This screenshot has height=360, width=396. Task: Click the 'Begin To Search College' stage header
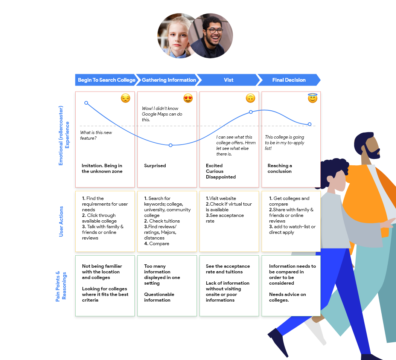(x=106, y=80)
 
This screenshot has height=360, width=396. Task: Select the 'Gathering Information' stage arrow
(x=169, y=80)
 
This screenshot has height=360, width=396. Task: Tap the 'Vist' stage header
(x=228, y=80)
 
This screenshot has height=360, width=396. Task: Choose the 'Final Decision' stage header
(x=289, y=80)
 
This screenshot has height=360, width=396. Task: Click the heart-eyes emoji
(x=188, y=98)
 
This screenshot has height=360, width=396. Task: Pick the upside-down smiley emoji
(x=250, y=98)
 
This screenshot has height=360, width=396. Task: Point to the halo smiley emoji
(x=312, y=98)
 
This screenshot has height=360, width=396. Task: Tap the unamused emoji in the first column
(x=126, y=98)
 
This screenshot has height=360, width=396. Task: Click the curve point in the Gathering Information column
(x=171, y=145)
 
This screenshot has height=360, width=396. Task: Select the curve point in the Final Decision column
(x=310, y=124)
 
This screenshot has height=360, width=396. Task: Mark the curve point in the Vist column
(x=251, y=112)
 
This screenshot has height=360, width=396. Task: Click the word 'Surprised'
(x=155, y=166)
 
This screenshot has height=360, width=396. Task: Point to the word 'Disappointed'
(x=221, y=177)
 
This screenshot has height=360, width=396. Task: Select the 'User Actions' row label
(x=61, y=221)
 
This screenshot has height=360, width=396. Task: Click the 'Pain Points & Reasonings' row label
(x=61, y=286)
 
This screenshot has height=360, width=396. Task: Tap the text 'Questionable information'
(x=159, y=297)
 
